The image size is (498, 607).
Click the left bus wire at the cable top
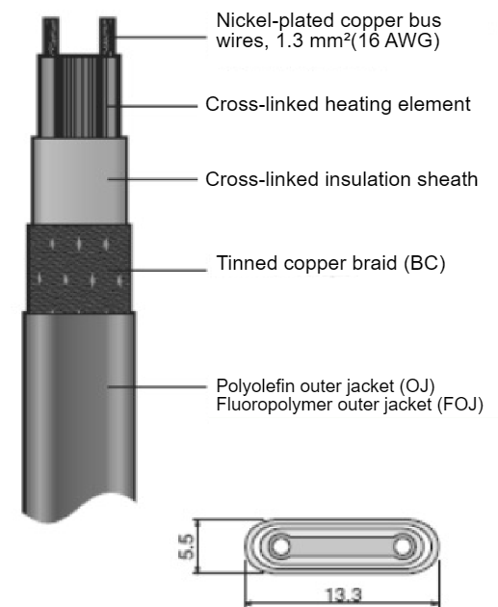click(51, 36)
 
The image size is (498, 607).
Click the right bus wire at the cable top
click(108, 36)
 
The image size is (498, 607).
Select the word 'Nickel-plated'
click(276, 20)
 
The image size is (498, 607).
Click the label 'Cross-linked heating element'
click(338, 104)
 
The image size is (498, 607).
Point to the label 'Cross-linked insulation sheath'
click(341, 179)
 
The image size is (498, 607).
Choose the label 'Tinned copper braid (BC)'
click(330, 263)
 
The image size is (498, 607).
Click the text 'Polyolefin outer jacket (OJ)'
click(326, 386)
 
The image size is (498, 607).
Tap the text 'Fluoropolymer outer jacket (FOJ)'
click(350, 405)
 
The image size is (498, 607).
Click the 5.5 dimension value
click(187, 546)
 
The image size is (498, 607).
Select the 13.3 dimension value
click(344, 595)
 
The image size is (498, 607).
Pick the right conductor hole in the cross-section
click(403, 546)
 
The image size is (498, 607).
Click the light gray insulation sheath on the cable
click(79, 180)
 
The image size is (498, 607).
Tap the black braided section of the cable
click(79, 268)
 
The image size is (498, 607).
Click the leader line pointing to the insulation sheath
click(152, 179)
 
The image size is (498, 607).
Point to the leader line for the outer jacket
click(157, 386)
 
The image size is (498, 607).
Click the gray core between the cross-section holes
click(341, 546)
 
